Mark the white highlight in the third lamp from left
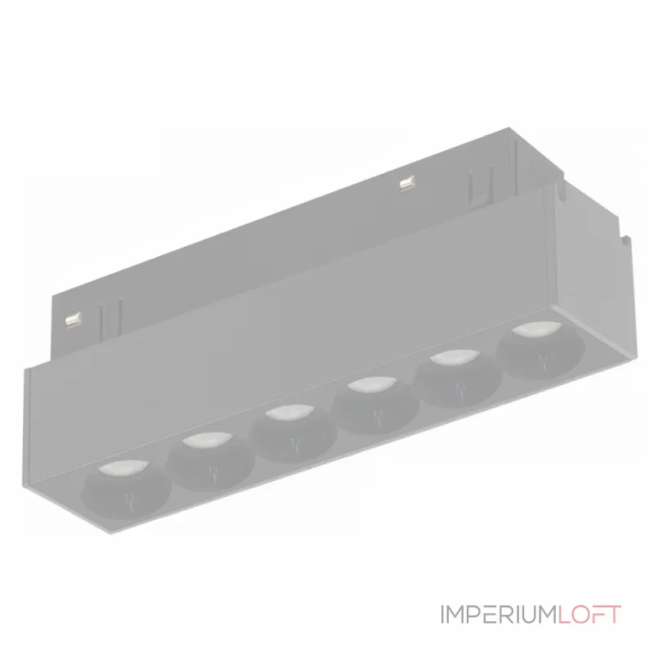click(x=285, y=414)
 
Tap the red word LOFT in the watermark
click(x=589, y=614)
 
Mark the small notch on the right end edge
click(x=626, y=242)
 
